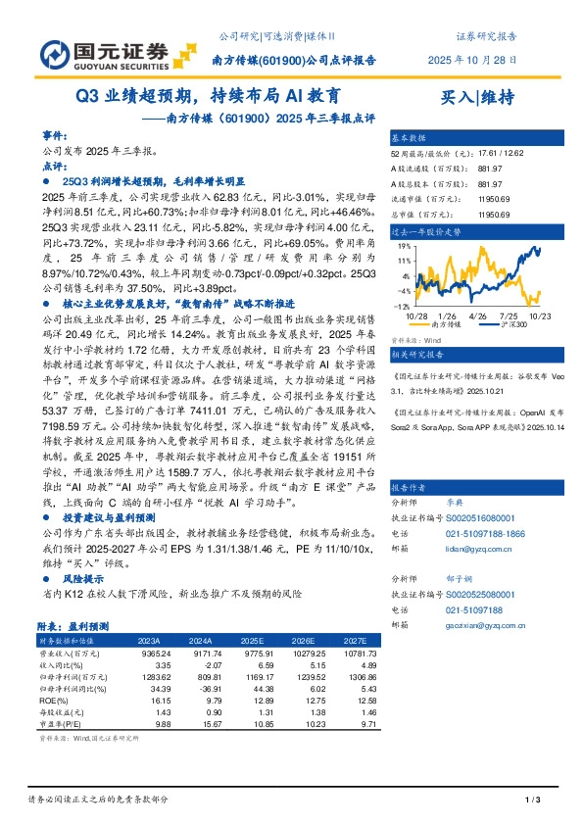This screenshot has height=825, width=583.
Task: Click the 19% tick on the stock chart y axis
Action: click(x=401, y=247)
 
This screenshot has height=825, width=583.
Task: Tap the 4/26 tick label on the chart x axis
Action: click(x=478, y=315)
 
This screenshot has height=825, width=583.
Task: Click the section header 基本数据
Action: click(x=410, y=138)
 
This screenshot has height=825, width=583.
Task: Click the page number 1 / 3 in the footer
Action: click(x=533, y=801)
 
